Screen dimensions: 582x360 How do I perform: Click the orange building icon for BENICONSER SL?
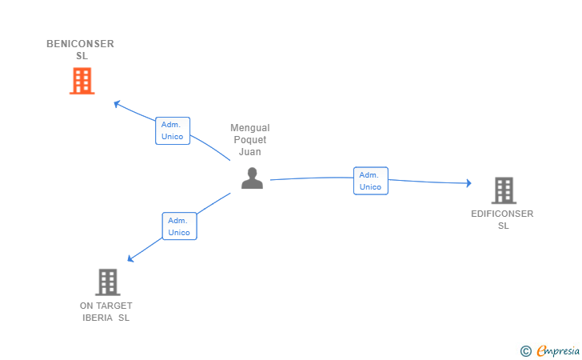(x=82, y=81)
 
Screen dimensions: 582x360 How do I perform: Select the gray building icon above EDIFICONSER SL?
(x=504, y=190)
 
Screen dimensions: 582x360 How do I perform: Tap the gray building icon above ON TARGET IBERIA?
(x=108, y=282)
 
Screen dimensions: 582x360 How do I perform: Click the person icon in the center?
(x=252, y=178)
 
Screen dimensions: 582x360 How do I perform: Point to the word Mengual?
(x=249, y=128)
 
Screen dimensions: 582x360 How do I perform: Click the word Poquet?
(x=249, y=140)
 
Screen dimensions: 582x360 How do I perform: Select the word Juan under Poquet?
(x=249, y=151)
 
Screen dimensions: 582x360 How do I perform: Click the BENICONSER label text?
(x=80, y=44)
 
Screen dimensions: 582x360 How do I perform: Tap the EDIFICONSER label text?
(x=502, y=214)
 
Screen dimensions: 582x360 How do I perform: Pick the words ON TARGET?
(x=106, y=306)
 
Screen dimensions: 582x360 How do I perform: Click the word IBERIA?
(x=98, y=318)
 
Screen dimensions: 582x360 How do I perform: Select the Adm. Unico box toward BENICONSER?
(x=173, y=130)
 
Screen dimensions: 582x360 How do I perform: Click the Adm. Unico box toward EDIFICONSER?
(x=371, y=181)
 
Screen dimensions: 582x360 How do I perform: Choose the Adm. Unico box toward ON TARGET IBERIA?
(x=179, y=226)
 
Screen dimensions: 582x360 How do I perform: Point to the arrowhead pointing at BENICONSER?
(x=117, y=104)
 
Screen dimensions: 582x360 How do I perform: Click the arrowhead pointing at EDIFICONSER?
(x=468, y=182)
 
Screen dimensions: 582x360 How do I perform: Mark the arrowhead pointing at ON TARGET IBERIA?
(x=130, y=258)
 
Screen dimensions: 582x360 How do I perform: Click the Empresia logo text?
(x=558, y=350)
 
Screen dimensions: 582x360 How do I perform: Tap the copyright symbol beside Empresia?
(x=526, y=351)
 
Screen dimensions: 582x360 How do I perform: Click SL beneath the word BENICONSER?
(x=82, y=56)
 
